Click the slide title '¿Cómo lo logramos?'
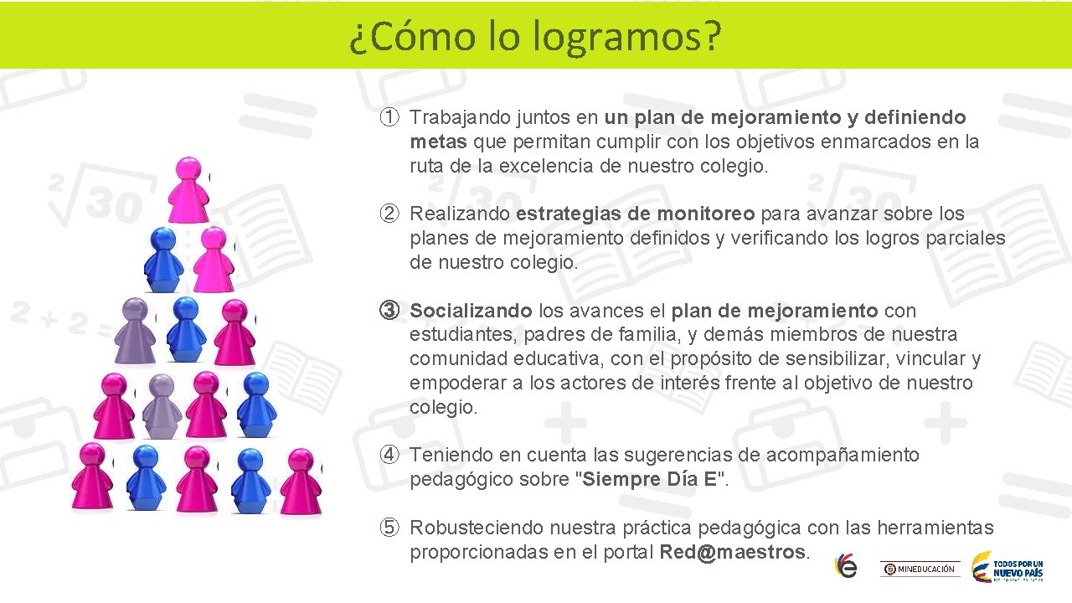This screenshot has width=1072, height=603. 535,36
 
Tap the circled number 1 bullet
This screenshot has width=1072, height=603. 389,117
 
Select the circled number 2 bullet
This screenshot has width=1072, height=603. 389,214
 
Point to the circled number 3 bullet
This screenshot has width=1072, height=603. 389,311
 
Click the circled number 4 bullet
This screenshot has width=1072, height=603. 389,456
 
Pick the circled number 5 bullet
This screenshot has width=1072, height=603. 389,528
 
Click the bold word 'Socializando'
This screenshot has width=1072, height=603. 471,311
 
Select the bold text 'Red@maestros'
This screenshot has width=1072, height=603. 732,553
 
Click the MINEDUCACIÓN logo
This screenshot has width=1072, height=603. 919,569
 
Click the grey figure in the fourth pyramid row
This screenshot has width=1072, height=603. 161,405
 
